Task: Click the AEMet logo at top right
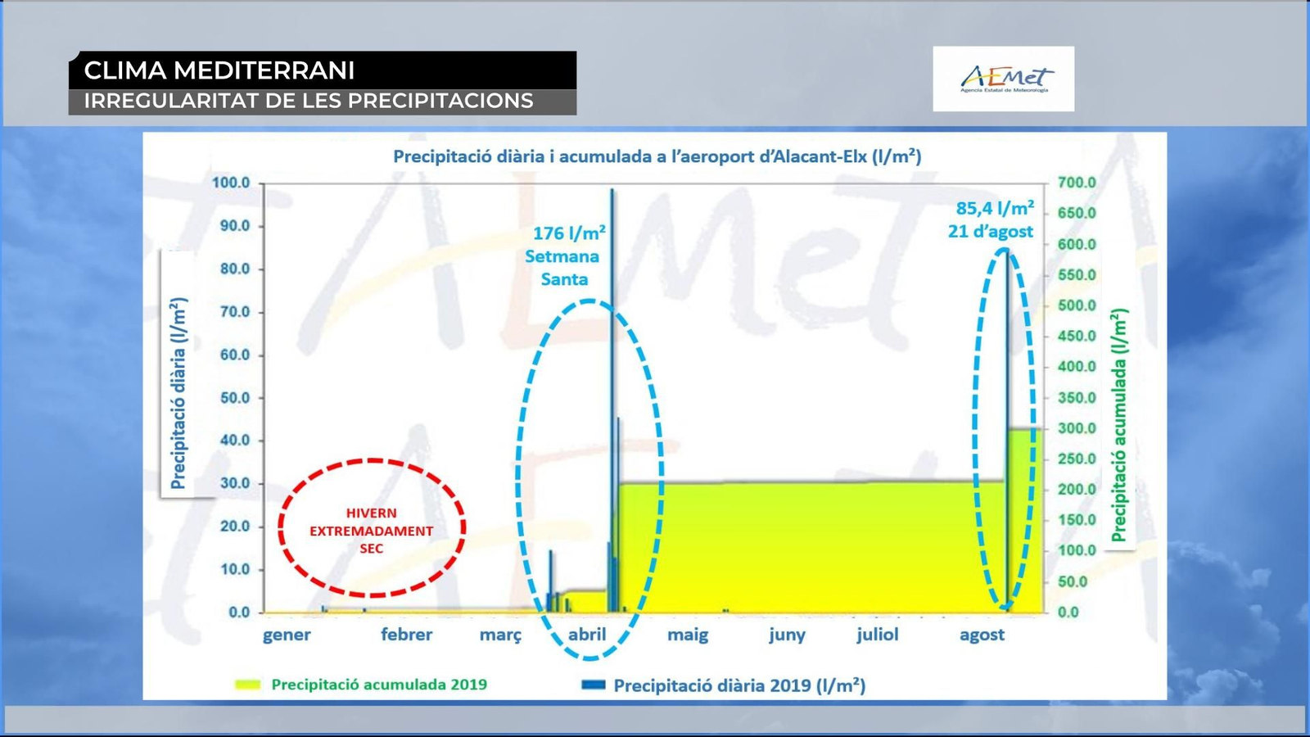click(1004, 79)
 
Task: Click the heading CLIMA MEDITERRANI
click(219, 70)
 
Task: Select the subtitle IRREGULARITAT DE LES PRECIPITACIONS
click(309, 102)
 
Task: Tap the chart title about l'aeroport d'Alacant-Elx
click(657, 156)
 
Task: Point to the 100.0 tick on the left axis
click(230, 183)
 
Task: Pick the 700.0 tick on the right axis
click(1077, 183)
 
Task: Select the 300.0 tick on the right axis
click(1077, 428)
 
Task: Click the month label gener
click(287, 635)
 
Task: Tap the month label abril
click(587, 635)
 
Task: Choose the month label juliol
click(877, 635)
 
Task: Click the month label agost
click(982, 635)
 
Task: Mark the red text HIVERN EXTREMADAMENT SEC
click(372, 531)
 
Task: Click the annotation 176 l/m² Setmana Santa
click(564, 256)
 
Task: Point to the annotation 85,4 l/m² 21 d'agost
click(992, 219)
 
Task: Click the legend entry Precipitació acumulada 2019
click(361, 685)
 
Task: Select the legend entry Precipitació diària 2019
click(724, 685)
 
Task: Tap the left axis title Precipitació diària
click(178, 393)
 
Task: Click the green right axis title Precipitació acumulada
click(1118, 425)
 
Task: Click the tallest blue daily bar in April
click(612, 400)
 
